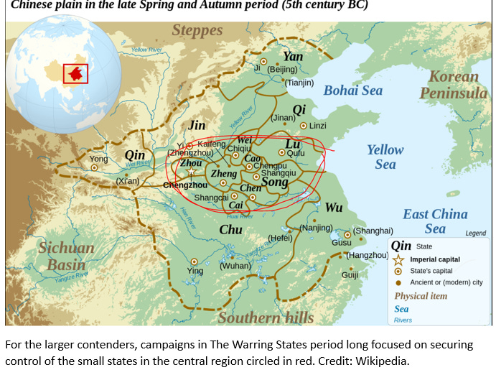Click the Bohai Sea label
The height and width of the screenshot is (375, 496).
point(352,91)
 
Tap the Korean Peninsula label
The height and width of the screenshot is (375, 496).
point(453,85)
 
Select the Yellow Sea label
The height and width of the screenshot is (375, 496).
point(385,157)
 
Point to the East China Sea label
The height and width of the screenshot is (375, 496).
point(435,221)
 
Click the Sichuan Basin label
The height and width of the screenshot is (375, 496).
point(66,256)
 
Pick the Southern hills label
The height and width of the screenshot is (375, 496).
point(266,318)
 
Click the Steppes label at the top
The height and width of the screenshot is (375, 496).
point(197,31)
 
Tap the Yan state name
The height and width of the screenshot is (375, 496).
point(293,56)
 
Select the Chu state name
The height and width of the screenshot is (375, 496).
point(230,229)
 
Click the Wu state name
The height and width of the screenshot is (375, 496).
point(334,208)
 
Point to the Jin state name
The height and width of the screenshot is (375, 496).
point(197,125)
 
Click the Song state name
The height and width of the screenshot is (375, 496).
point(274,182)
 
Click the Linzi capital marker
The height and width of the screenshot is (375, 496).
point(303,126)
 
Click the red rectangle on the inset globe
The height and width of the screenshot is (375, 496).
point(75,73)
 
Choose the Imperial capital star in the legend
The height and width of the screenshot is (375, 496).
point(398,259)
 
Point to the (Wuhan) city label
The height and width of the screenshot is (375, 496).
point(235,265)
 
